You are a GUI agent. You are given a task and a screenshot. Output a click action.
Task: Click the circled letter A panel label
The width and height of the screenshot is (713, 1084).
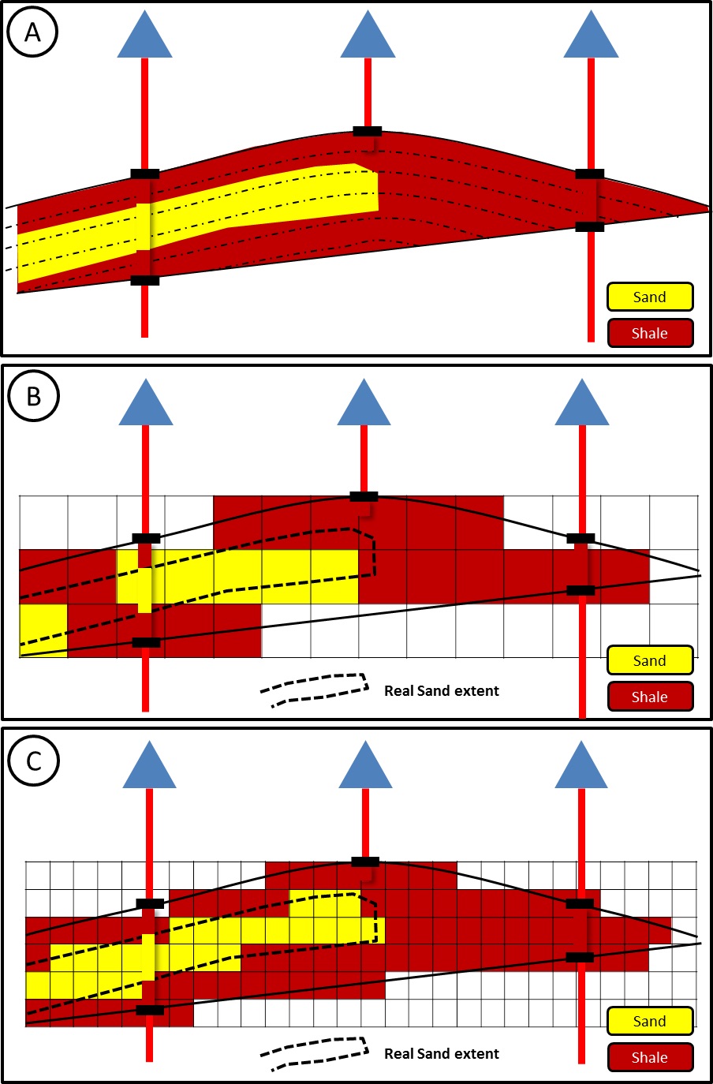coord(33,32)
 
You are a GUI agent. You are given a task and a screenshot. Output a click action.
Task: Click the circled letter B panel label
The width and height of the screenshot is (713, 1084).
coord(34,395)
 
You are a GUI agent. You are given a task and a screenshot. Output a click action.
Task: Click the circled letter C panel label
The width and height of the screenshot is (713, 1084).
coord(34,761)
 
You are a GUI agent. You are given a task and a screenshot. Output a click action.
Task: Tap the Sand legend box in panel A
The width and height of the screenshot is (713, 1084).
coord(650,297)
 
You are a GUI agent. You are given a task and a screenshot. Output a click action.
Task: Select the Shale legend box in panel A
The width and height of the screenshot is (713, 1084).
coord(650,333)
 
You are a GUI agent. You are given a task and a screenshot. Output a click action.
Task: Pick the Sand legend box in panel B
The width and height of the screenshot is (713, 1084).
coord(650,660)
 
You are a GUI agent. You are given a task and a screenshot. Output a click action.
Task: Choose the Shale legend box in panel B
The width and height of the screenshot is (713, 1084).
coord(650,697)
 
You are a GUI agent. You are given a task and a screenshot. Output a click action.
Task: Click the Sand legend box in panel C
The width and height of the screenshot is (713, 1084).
coord(650,1021)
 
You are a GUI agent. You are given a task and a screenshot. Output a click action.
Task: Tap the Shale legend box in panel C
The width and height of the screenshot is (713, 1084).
coord(650,1057)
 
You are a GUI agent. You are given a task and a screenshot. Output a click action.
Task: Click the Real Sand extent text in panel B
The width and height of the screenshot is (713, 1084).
coord(441,691)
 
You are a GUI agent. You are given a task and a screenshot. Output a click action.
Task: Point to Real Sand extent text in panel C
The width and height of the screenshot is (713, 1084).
coord(441,1054)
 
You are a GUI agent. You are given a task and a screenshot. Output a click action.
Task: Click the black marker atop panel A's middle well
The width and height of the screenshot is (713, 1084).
coord(368,131)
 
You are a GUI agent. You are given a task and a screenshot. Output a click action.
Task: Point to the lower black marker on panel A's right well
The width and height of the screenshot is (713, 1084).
coord(590,227)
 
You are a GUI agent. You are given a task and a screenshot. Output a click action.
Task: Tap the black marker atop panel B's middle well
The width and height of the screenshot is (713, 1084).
coord(364,496)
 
